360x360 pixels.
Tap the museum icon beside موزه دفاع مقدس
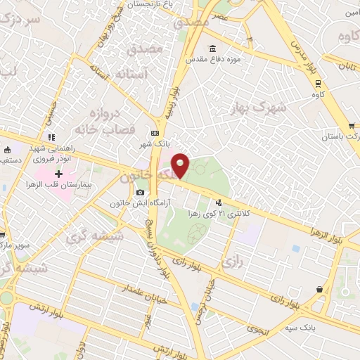[212, 49]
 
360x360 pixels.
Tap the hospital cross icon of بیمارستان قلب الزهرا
[59, 173]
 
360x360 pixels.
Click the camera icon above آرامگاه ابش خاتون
[141, 192]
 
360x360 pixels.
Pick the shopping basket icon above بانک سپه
[320, 289]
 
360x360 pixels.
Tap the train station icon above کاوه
[317, 82]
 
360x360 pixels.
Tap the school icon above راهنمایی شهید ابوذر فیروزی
[51, 136]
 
